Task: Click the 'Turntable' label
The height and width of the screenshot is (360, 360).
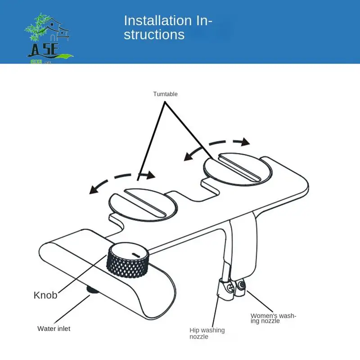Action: [165, 94]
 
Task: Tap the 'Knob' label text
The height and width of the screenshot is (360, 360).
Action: [45, 295]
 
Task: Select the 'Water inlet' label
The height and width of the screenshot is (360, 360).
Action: [54, 328]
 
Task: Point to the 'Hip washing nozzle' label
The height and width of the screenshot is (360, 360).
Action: [207, 333]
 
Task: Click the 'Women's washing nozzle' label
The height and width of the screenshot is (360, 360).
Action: [274, 318]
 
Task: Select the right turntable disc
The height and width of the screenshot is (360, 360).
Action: [238, 169]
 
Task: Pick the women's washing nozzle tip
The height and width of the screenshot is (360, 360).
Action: [242, 285]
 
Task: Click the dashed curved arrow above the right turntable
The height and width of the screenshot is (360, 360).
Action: [216, 146]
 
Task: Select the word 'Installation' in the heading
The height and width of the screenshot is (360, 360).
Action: [157, 21]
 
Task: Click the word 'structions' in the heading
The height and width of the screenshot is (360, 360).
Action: [154, 35]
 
